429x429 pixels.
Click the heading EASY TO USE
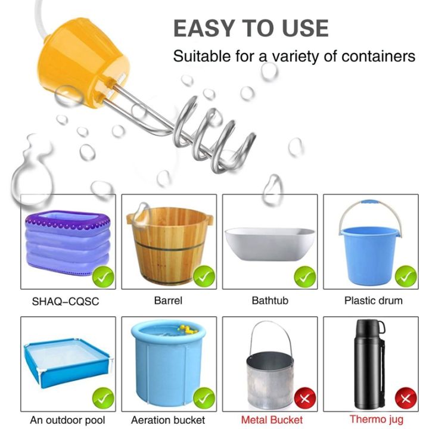click(250, 28)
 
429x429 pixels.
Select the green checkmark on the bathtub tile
click(306, 276)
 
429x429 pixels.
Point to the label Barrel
click(168, 300)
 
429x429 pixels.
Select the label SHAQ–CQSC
click(65, 301)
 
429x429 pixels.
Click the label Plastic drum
click(373, 300)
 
